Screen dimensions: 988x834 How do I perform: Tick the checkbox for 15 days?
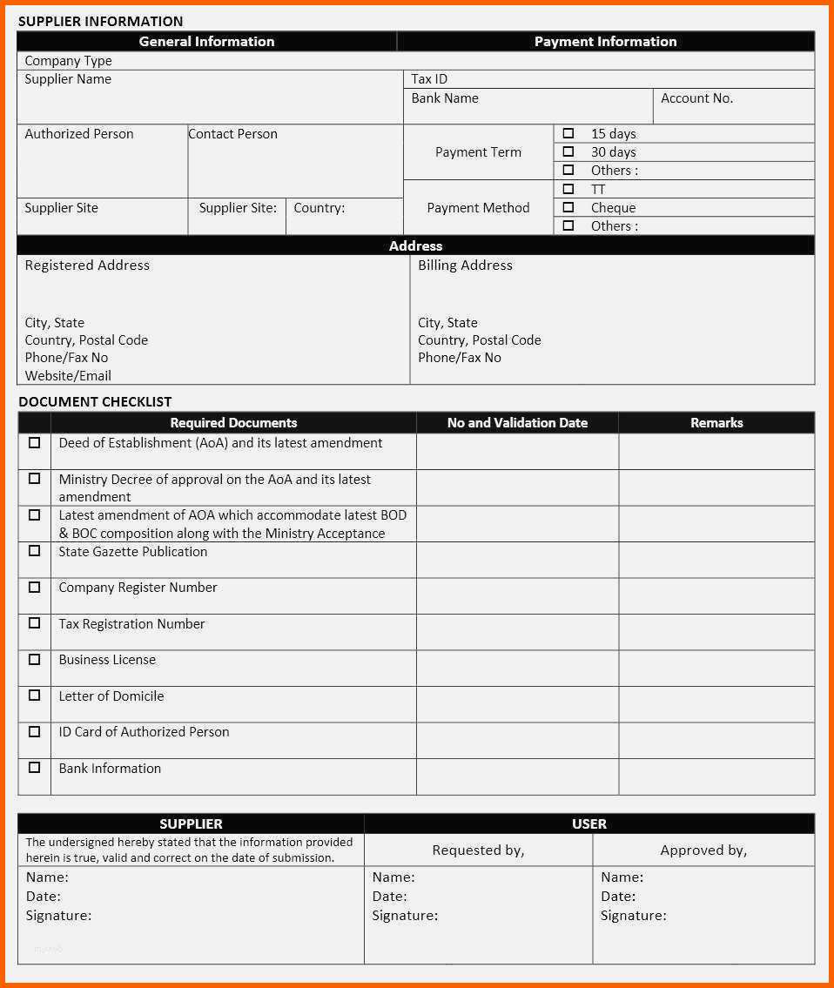point(568,133)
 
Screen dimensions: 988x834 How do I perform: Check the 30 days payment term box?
point(568,151)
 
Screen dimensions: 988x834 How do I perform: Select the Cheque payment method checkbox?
point(568,207)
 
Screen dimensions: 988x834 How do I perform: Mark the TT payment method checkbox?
point(568,189)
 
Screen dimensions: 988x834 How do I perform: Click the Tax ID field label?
point(429,79)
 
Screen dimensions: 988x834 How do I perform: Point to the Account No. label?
point(696,98)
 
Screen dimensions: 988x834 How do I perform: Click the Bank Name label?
point(445,98)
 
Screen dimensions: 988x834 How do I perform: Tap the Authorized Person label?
point(79,134)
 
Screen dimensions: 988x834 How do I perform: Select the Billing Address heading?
point(465,265)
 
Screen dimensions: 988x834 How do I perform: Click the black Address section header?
point(415,245)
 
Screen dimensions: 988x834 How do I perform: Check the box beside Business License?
point(35,659)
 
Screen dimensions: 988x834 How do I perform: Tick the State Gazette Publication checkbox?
point(35,550)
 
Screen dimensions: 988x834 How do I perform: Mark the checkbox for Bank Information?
point(35,767)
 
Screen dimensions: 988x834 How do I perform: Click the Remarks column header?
point(716,423)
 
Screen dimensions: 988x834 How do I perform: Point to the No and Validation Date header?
point(517,423)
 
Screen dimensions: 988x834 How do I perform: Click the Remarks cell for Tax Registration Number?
point(716,632)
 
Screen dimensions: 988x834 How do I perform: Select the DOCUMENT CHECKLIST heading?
point(95,401)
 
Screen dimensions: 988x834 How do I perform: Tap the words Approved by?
point(703,850)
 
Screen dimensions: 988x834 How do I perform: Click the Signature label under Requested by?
point(405,916)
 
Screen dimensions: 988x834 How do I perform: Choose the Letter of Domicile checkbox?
point(35,695)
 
